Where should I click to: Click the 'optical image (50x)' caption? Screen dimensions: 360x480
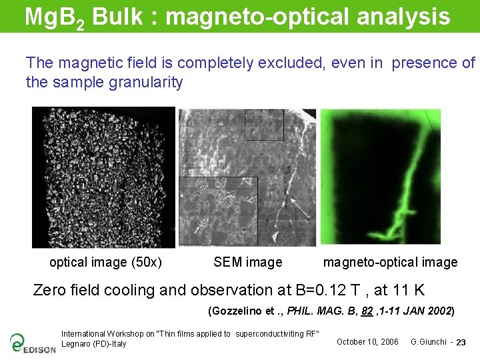coord(105,262)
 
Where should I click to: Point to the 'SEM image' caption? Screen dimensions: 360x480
coord(247,262)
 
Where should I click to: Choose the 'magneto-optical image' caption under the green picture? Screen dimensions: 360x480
coord(390,262)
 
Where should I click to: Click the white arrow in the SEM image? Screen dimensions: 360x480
coord(301,211)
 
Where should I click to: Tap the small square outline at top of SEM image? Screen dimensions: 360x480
coord(264,124)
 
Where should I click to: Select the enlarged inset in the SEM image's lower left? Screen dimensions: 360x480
coord(218,210)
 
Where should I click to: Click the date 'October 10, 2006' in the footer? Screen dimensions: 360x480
coord(367,342)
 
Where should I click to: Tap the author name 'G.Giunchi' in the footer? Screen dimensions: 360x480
coord(428,342)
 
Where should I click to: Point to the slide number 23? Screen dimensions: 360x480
coord(461,343)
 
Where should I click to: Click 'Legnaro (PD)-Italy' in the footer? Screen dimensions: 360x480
coord(93,344)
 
